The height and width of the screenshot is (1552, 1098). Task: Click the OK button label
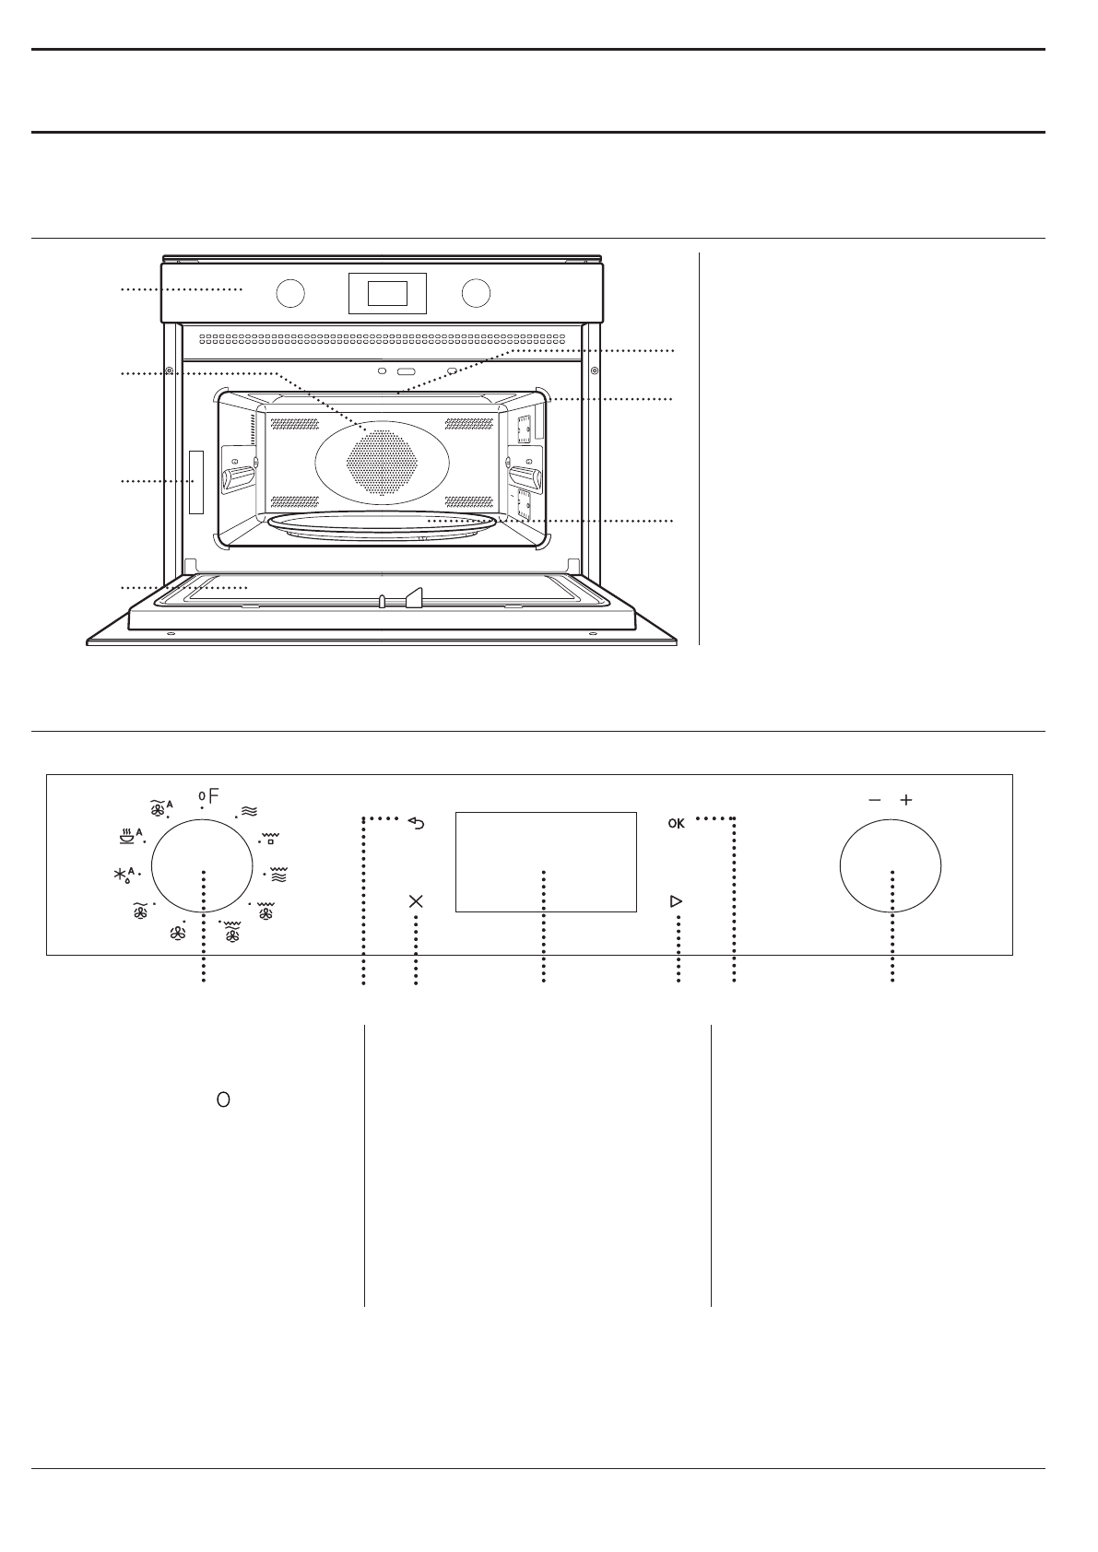pos(677,824)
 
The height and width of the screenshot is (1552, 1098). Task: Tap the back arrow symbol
pos(417,824)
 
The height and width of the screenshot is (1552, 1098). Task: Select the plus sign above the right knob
pos(906,800)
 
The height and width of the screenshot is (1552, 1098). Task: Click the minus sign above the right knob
pos(874,800)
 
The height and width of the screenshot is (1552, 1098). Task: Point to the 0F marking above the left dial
pos(209,795)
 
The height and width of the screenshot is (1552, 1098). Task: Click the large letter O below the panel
pos(222,1099)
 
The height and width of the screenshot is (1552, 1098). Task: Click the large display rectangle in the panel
pos(546,862)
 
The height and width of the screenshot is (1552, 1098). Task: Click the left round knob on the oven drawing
pos(289,292)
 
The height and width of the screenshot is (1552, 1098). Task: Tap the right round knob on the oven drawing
pos(477,292)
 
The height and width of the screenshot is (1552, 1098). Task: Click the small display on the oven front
pos(387,293)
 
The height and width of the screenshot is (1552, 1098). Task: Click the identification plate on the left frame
pos(195,481)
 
